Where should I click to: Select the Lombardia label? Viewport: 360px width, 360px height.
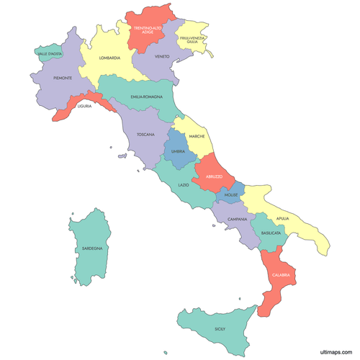point(110,58)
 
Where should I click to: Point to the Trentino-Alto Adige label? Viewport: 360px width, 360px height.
point(147,30)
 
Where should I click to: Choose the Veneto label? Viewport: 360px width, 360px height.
point(162,56)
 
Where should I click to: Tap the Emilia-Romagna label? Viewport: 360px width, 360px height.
point(146,96)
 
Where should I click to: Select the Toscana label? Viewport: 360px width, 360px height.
point(146,134)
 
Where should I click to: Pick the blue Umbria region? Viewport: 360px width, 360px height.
point(178,150)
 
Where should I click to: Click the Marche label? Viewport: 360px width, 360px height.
point(197,137)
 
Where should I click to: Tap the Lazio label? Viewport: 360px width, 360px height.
point(184,185)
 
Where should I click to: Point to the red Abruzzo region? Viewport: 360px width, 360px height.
point(214,175)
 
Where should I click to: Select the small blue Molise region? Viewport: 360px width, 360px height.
point(231,195)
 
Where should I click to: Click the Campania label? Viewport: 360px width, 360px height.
point(238,219)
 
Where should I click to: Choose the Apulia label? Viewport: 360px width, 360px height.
point(282,217)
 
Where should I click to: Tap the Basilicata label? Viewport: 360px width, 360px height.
point(271,233)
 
